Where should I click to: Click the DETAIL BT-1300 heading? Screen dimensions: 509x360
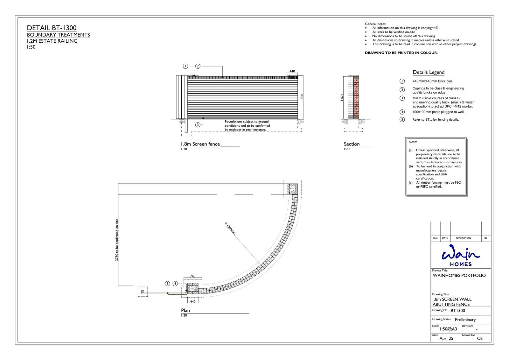click(x=52, y=28)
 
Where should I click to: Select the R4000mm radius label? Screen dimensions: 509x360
click(x=230, y=229)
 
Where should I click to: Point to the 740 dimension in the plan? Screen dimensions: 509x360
click(x=192, y=276)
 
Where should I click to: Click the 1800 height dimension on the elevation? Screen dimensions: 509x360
click(x=302, y=97)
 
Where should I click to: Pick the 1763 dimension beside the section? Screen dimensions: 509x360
click(x=342, y=98)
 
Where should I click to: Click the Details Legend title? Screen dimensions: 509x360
click(x=428, y=72)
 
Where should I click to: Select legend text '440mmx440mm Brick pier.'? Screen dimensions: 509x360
click(x=433, y=81)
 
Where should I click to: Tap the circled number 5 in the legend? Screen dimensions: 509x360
click(x=402, y=119)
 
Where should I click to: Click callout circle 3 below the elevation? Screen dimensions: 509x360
click(x=198, y=125)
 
